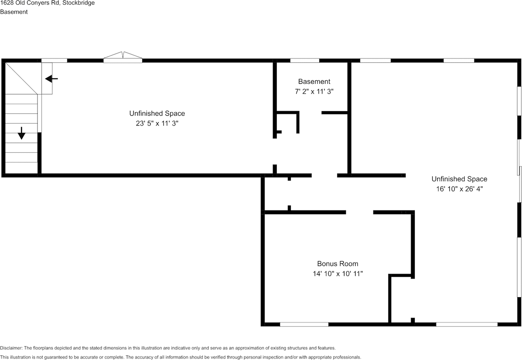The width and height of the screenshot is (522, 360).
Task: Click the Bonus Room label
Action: [x=338, y=264]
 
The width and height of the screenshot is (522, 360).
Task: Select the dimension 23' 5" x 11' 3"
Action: [x=157, y=123]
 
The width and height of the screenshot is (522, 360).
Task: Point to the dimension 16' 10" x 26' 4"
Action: [x=459, y=189]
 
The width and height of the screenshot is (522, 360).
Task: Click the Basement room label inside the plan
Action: [x=314, y=82]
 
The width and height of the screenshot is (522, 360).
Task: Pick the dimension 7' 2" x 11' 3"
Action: [x=314, y=92]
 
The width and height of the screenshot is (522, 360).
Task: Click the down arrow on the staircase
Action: [x=21, y=133]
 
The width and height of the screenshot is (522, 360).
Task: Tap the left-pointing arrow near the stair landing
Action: [x=51, y=79]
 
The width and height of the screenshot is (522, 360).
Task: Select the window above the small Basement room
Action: [x=305, y=61]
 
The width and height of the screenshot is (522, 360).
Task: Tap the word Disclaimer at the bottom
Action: [x=11, y=348]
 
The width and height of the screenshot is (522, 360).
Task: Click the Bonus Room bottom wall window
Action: [x=304, y=324]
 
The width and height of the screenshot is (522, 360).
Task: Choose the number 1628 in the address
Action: [x=7, y=3]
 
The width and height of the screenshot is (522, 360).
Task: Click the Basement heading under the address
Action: [x=14, y=12]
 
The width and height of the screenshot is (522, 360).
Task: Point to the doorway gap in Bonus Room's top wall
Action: [x=359, y=212]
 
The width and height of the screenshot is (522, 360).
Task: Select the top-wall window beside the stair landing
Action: [x=54, y=61]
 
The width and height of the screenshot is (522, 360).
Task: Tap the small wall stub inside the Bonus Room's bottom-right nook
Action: [x=413, y=320]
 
